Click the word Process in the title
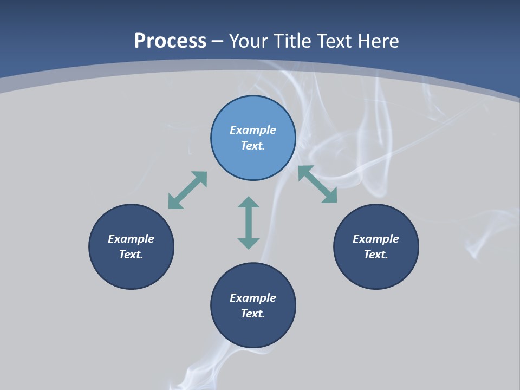pos(170,41)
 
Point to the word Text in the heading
pos(334,41)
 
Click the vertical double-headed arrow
pos(249,223)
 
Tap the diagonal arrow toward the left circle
pos(187,190)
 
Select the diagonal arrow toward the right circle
pos(317,184)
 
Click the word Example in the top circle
pos(253,130)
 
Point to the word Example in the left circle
pos(131,239)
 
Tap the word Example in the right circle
pos(376,239)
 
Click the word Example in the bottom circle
pos(253,298)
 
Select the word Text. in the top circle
pos(253,146)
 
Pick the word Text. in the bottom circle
pos(253,314)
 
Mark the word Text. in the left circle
pos(131,255)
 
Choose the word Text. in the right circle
pos(376,255)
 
